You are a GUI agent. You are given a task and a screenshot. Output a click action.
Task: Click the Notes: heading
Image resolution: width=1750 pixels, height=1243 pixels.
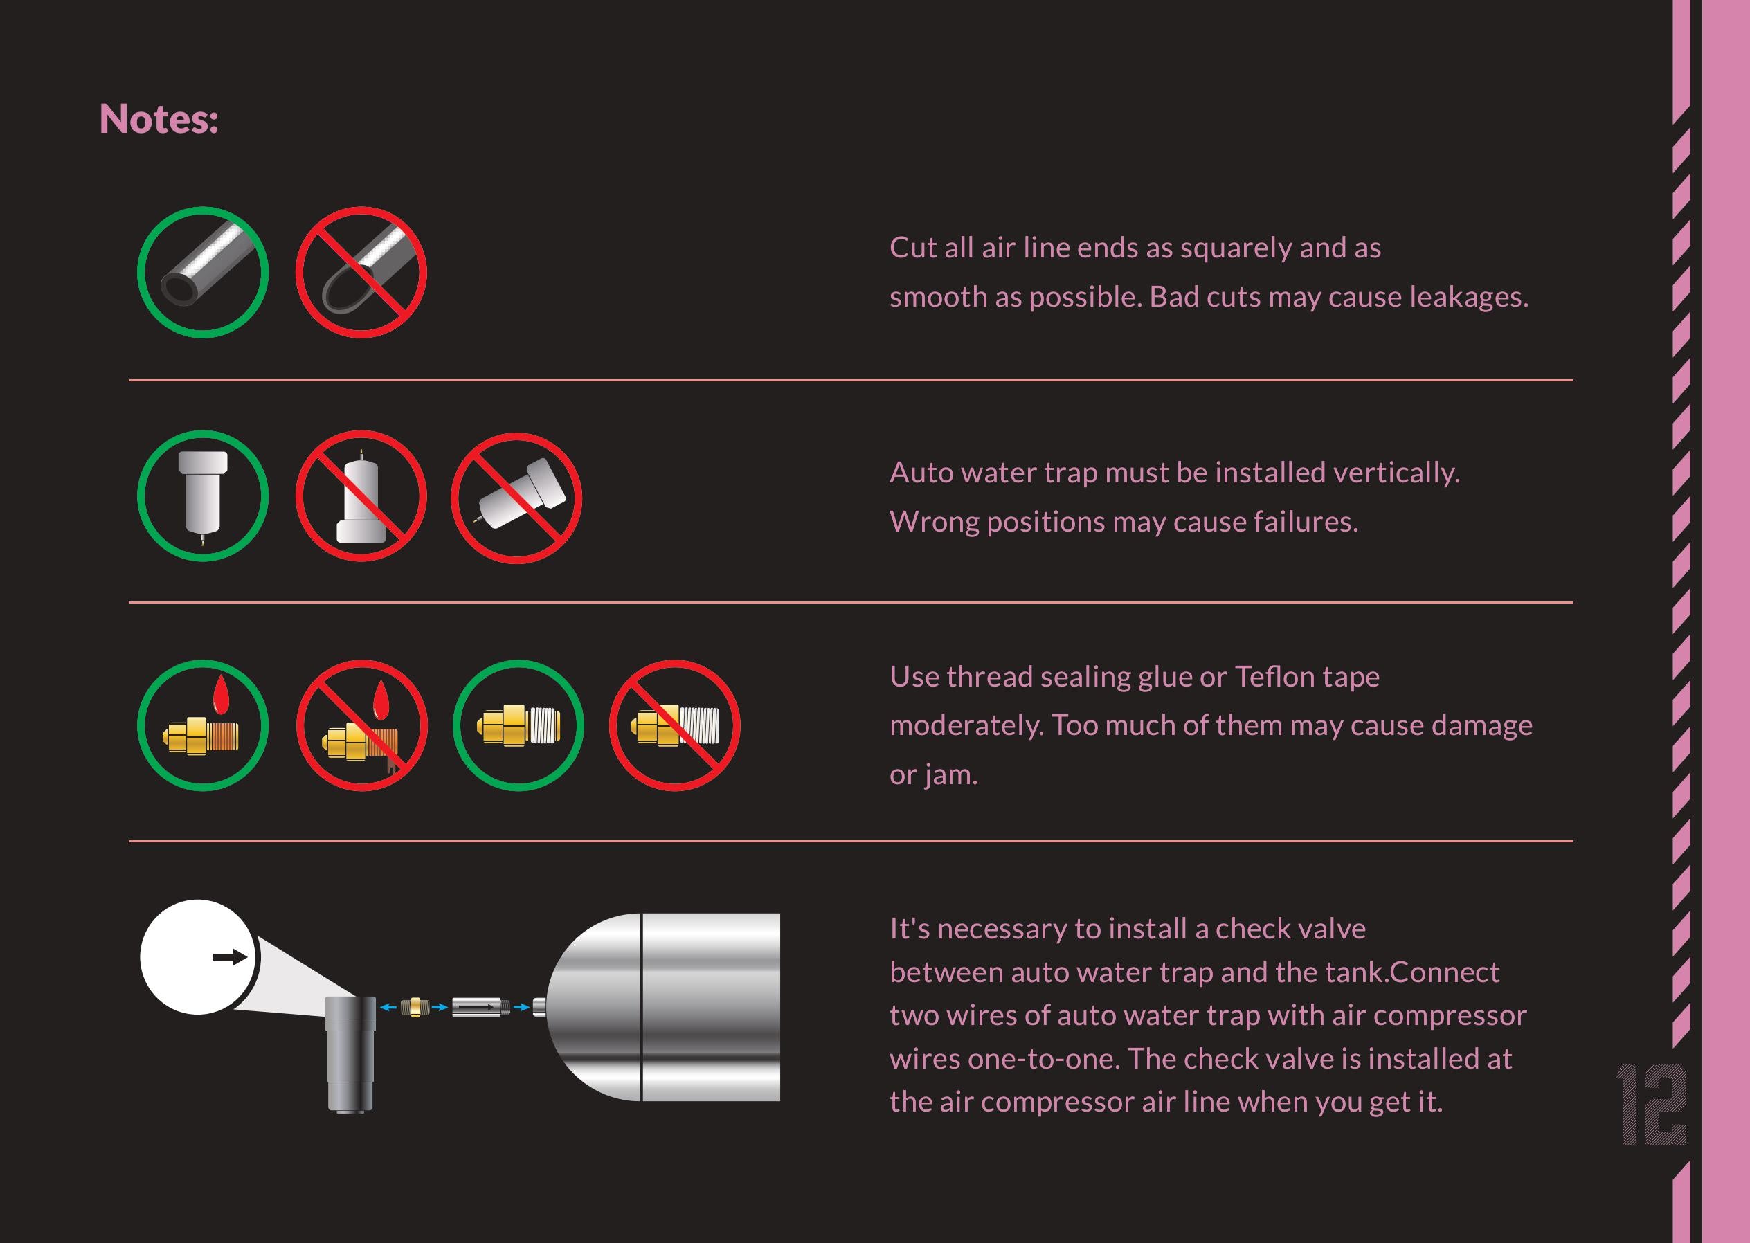(x=159, y=120)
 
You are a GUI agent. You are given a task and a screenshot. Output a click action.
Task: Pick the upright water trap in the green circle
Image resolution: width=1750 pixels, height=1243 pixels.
(x=203, y=494)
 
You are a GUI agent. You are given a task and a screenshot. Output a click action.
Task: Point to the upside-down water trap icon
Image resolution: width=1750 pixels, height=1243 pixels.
(x=361, y=496)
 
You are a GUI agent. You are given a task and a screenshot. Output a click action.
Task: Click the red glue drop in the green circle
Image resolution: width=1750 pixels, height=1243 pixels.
(x=222, y=696)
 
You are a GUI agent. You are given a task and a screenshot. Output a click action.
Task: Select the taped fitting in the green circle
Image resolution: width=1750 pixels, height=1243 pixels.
(x=518, y=725)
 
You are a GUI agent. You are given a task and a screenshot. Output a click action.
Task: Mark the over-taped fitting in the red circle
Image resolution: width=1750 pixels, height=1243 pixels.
(x=675, y=725)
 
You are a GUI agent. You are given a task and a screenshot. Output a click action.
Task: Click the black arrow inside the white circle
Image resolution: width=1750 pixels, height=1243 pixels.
(x=230, y=956)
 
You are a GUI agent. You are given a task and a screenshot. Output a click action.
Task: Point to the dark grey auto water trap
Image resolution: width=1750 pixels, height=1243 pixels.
(x=350, y=1053)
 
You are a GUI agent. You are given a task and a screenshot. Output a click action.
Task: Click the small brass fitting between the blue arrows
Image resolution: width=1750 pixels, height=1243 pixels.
(x=414, y=1007)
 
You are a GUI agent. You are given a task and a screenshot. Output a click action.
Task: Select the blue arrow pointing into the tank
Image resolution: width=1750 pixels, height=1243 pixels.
(x=521, y=1007)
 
